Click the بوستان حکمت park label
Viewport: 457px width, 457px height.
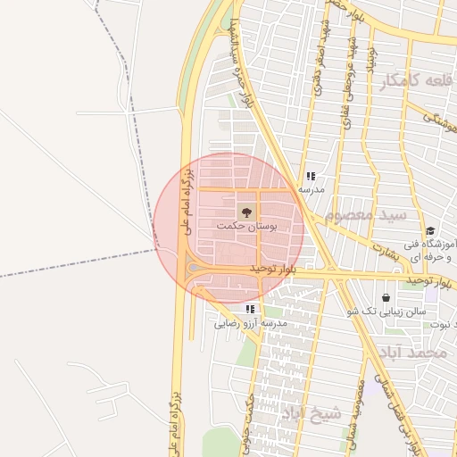coord(246,228)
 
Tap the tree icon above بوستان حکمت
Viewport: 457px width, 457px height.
coord(246,212)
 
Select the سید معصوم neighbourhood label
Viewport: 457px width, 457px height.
coord(366,216)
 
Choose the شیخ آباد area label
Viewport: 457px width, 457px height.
coord(312,413)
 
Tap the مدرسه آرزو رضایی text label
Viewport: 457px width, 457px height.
coord(250,323)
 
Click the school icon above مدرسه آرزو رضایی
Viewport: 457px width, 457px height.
coord(250,308)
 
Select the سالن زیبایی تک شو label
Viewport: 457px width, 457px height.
coord(389,312)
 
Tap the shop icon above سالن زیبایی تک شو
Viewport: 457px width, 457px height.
coord(386,297)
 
